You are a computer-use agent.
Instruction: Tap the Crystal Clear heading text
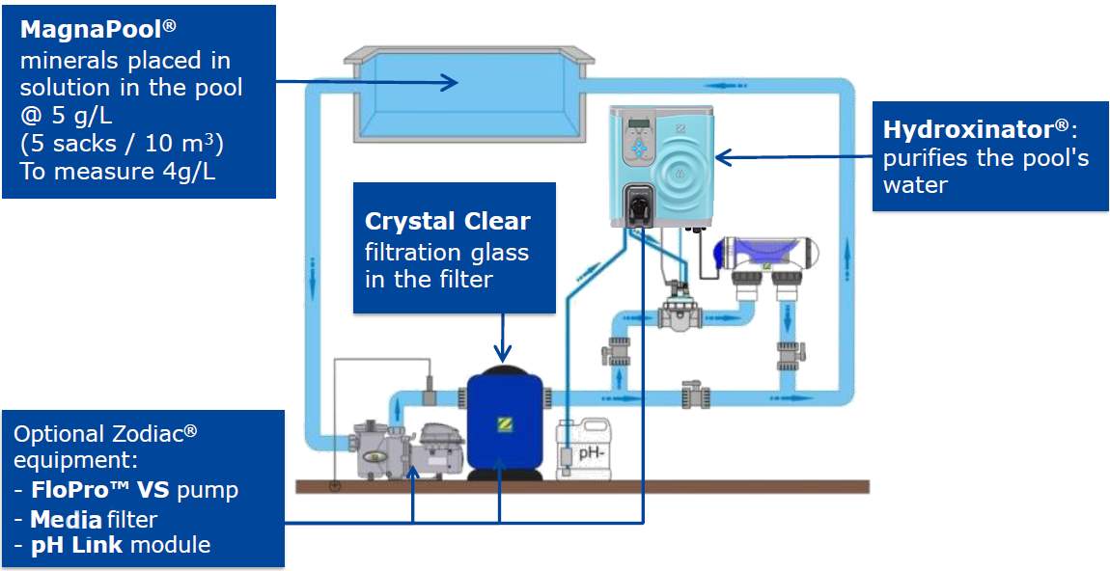pyautogui.click(x=447, y=221)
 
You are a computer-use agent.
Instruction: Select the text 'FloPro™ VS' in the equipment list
pyautogui.click(x=98, y=490)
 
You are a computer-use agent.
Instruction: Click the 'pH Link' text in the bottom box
pyautogui.click(x=78, y=545)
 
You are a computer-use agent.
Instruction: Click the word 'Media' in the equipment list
pyautogui.click(x=65, y=520)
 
